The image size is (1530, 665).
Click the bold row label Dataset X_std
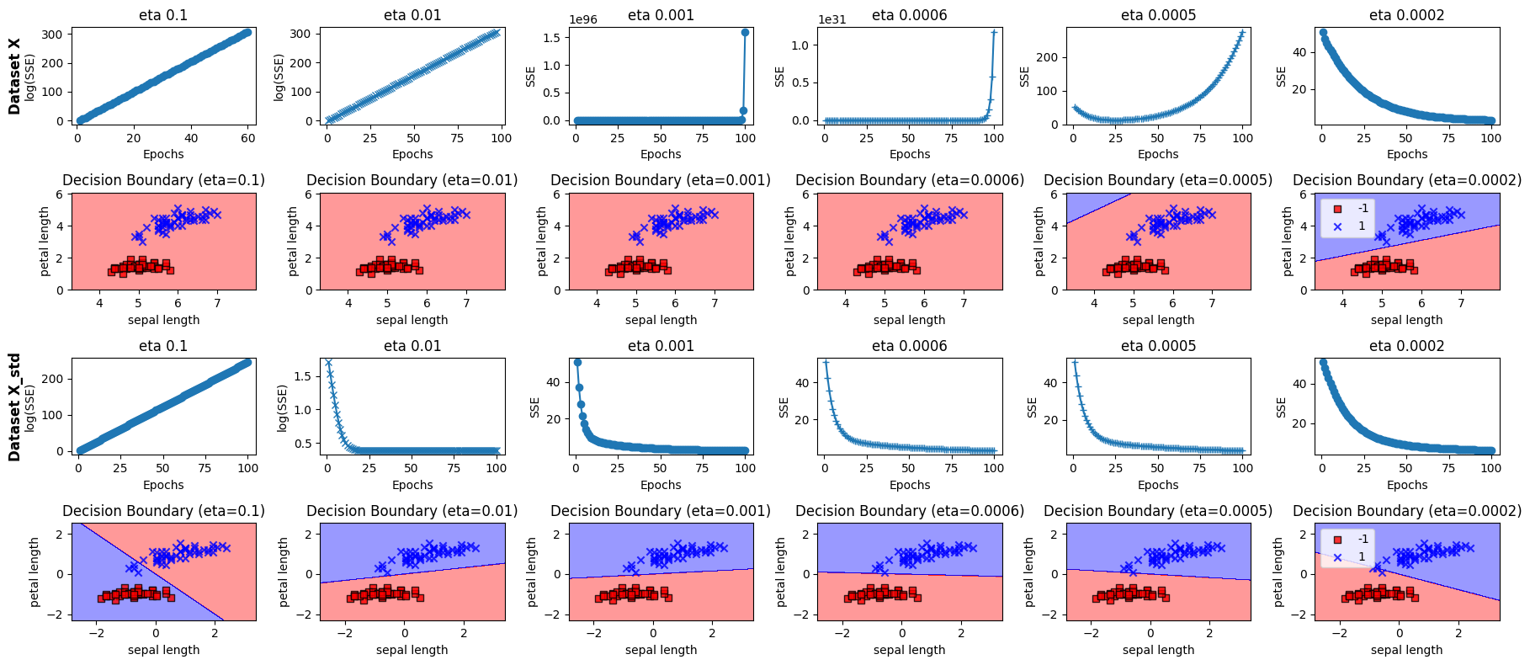click(x=14, y=407)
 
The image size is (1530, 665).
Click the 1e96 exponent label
click(x=582, y=19)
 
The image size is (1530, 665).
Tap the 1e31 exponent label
click(x=831, y=19)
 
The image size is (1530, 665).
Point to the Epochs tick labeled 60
click(x=248, y=138)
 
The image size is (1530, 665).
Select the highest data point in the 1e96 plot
click(x=745, y=32)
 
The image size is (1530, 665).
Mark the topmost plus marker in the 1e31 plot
click(x=994, y=32)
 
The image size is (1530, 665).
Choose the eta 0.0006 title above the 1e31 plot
click(x=909, y=15)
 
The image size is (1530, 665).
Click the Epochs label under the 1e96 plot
click(x=661, y=154)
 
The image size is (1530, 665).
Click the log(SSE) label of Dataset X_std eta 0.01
click(x=283, y=408)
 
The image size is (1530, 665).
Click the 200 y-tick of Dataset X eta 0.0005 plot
click(x=1051, y=57)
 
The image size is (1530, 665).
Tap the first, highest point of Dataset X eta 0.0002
click(x=1323, y=33)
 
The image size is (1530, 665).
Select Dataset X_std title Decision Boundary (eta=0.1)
click(x=163, y=511)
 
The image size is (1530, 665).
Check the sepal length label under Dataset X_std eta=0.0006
click(x=909, y=650)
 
